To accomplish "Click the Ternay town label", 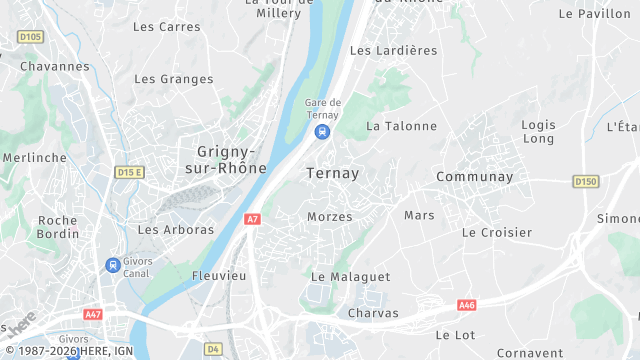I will [333, 173].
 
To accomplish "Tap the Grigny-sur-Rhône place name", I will [226, 160].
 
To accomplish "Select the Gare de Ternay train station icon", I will [322, 132].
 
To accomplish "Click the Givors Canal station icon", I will [112, 265].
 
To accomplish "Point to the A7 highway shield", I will [252, 218].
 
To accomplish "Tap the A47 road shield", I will [93, 314].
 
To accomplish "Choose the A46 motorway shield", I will [466, 305].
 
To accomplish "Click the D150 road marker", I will [586, 181].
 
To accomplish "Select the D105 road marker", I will [31, 37].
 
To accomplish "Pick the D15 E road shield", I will [130, 172].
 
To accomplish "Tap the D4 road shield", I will [213, 349].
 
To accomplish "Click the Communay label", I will [474, 177].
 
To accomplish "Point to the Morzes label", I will [329, 216].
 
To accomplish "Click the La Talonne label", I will [402, 126].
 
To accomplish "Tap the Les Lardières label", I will [394, 50].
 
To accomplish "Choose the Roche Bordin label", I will [58, 227].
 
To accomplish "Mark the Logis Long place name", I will [538, 131].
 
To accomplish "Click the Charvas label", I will [373, 313].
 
